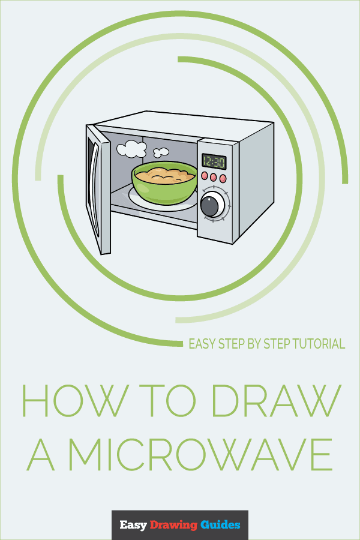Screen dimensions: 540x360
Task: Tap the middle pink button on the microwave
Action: point(214,177)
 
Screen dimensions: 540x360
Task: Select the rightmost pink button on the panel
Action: point(223,178)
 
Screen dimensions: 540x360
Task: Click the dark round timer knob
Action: point(210,205)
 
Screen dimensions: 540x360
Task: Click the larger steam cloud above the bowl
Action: point(131,148)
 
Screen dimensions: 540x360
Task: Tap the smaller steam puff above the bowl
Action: point(161,152)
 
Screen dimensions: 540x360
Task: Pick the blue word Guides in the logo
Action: point(220,525)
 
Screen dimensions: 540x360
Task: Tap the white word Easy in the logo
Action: point(133,525)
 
